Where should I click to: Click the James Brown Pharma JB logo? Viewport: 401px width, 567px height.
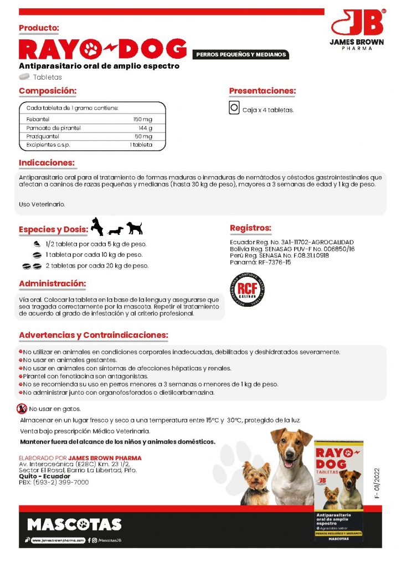tap(358, 27)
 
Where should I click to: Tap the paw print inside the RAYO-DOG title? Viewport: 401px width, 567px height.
tap(91, 49)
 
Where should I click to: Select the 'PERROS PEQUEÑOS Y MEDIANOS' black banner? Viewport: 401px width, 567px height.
tap(241, 54)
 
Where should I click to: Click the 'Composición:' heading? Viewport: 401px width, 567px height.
tap(48, 91)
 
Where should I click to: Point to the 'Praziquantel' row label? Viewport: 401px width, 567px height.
tap(42, 136)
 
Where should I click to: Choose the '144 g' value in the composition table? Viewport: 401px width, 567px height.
tap(145, 128)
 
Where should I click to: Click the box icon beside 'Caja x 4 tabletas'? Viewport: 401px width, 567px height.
tap(234, 108)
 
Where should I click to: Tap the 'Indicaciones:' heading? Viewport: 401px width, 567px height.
tap(47, 163)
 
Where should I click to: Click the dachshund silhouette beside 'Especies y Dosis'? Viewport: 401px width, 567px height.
tap(115, 230)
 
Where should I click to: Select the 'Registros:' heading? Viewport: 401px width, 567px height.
tap(250, 228)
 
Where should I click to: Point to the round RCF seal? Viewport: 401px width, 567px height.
tap(246, 290)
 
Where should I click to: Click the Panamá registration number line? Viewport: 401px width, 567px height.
tap(260, 262)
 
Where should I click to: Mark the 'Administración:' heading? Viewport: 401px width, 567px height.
tap(52, 283)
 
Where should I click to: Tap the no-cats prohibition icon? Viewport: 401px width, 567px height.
tap(22, 409)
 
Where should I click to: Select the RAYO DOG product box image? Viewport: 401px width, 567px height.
tap(338, 490)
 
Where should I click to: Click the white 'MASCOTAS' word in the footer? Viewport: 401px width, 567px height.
tap(74, 524)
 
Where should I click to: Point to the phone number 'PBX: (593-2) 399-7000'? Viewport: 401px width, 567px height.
tap(54, 482)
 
